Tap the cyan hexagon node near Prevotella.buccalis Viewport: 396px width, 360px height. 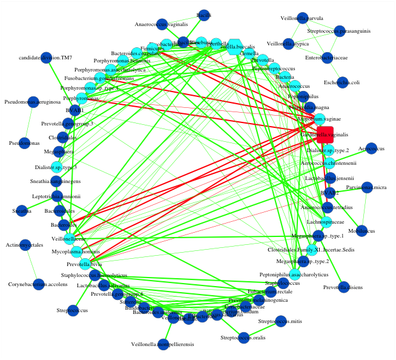point(236,48)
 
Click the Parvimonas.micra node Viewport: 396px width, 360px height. point(367,187)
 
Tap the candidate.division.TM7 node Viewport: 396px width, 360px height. point(47,58)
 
